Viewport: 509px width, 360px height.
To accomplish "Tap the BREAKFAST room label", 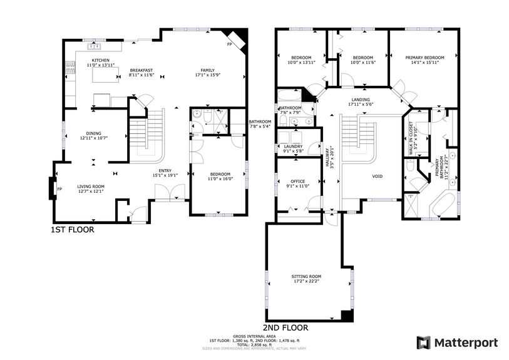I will (141, 70).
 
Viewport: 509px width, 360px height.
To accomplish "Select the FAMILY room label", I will (208, 70).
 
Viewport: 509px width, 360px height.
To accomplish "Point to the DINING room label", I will (94, 133).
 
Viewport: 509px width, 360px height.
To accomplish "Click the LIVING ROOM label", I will (90, 186).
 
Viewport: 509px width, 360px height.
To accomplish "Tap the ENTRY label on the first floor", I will (165, 170).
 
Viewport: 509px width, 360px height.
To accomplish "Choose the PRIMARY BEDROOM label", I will (424, 58).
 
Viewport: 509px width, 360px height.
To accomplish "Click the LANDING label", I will (360, 100).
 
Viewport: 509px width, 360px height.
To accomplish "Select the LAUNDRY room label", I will (293, 147).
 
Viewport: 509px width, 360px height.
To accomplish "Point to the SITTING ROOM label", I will (306, 276).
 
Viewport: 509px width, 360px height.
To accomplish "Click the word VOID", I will (378, 177).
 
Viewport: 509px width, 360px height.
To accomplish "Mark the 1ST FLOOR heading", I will (72, 230).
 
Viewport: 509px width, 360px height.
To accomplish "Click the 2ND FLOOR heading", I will (285, 327).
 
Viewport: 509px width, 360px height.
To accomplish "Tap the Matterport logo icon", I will (424, 342).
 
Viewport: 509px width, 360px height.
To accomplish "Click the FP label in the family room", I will (229, 44).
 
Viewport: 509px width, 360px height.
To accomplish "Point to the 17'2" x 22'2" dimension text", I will (306, 281).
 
